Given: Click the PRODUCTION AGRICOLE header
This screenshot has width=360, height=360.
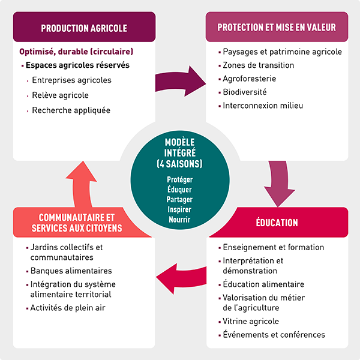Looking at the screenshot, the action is pos(84,28).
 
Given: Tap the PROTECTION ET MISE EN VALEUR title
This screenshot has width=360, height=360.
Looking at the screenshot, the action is pos(277,28).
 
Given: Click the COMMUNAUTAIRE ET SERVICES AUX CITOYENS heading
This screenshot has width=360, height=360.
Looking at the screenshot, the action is pos(77,223).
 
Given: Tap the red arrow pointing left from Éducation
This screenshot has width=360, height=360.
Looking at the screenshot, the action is pos(181,278).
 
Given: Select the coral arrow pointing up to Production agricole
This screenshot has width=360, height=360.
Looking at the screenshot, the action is pos(82,184).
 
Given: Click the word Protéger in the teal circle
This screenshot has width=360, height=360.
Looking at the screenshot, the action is pos(180,179).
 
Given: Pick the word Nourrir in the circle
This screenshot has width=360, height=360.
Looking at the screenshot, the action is pos(179,220).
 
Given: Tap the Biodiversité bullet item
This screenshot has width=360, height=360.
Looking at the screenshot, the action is pos(245,92).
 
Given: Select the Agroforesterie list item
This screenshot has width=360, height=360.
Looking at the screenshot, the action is pos(250,79).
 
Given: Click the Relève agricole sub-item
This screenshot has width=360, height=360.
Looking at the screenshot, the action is pos(60,95).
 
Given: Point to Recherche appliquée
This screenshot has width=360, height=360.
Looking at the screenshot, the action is pos(71,110).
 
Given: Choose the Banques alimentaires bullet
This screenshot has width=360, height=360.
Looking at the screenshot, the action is pos(71,271).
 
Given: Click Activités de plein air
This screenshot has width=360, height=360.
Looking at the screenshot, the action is pos(68,308).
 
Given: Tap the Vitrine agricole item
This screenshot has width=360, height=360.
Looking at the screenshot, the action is pos(251,321).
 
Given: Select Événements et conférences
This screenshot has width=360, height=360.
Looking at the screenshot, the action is pos(274,335).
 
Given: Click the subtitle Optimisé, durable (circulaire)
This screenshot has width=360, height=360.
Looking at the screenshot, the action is pos(76,52).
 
